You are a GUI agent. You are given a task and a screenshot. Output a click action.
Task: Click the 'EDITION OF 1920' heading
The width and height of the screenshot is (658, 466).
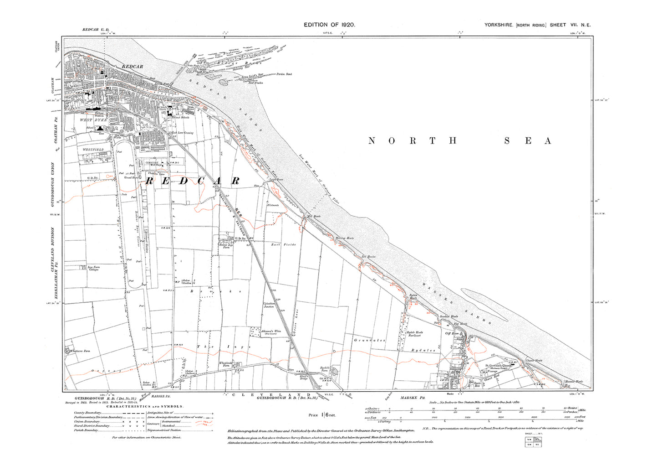pyautogui.click(x=329, y=25)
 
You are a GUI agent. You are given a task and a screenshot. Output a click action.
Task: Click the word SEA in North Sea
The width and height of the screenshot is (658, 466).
pyautogui.click(x=528, y=141)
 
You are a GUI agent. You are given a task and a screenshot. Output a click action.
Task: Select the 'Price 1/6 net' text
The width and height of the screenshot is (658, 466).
pyautogui.click(x=322, y=415)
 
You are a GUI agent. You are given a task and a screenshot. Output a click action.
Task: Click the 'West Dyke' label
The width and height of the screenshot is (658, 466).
pyautogui.click(x=93, y=120)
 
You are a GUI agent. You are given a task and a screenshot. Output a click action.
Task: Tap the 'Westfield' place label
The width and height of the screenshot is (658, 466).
pyautogui.click(x=93, y=150)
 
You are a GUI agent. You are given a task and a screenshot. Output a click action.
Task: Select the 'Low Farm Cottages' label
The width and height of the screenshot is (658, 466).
pyautogui.click(x=94, y=269)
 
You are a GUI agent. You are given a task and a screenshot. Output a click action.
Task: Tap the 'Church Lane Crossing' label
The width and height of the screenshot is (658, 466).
pyautogui.click(x=181, y=133)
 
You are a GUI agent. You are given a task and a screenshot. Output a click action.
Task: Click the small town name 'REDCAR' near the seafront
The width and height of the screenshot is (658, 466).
pyautogui.click(x=132, y=67)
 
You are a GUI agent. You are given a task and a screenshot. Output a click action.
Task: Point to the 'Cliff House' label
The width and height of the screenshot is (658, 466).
pyautogui.click(x=451, y=334)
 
